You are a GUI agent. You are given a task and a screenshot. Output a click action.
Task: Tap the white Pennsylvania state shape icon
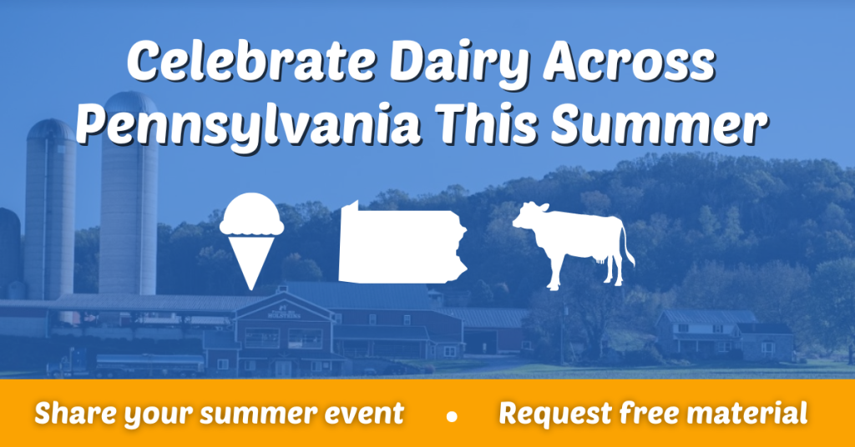pyautogui.click(x=402, y=243)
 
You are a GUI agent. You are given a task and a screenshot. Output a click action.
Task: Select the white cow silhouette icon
pyautogui.click(x=573, y=244)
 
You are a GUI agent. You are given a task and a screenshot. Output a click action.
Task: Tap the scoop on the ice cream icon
pyautogui.click(x=251, y=214)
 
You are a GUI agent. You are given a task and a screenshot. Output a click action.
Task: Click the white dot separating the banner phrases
pyautogui.click(x=452, y=416)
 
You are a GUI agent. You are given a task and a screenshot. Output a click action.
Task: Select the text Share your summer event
pyautogui.click(x=220, y=414)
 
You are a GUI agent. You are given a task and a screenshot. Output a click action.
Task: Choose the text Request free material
pyautogui.click(x=653, y=414)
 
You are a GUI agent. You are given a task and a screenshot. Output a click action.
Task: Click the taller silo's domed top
pyautogui.click(x=130, y=103)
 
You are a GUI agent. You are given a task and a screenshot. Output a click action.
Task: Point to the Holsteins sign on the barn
pyautogui.click(x=284, y=314)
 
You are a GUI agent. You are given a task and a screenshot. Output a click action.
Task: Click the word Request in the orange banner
pyautogui.click(x=555, y=414)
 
